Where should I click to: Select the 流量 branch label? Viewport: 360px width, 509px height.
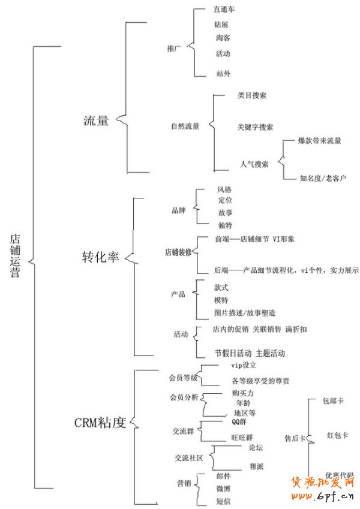point(96,120)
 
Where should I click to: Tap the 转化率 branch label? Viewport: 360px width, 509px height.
point(101,257)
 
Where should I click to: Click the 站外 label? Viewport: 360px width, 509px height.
point(223,73)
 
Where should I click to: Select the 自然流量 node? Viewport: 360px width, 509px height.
point(185,127)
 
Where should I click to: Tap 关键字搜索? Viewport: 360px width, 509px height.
point(255,127)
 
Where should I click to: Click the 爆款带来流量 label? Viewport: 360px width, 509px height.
point(319,141)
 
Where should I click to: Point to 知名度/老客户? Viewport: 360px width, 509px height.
point(323,178)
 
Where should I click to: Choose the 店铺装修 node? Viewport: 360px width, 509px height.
point(178,252)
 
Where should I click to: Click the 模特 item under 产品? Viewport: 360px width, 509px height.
point(221,300)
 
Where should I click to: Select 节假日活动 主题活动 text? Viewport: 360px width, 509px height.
point(250,353)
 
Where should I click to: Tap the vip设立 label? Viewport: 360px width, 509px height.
point(244,365)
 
